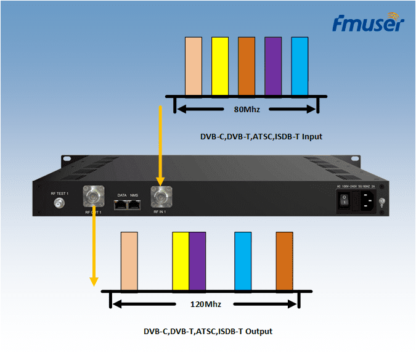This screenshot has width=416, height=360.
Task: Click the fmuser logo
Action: [x=368, y=23]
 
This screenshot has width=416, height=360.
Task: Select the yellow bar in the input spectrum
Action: [x=220, y=66]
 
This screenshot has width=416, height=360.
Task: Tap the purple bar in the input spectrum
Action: [x=273, y=66]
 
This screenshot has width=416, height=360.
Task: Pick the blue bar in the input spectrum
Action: [x=300, y=66]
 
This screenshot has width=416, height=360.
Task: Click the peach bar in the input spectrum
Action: [x=194, y=66]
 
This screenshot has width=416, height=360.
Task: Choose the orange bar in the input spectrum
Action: [x=247, y=66]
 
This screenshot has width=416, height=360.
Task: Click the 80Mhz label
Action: [x=247, y=110]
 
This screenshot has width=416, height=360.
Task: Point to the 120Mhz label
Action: [x=206, y=305]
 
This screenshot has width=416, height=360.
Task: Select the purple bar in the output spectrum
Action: [x=197, y=261]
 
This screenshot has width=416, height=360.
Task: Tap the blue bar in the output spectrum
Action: [x=243, y=261]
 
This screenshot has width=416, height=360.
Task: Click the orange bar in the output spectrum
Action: [x=284, y=261]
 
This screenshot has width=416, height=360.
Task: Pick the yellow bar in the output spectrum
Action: [x=181, y=261]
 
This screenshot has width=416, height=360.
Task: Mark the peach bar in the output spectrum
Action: [x=129, y=261]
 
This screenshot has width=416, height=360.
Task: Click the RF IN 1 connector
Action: [x=161, y=197]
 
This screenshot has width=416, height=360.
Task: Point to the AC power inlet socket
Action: [x=366, y=200]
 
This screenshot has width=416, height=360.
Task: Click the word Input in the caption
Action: [x=311, y=136]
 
